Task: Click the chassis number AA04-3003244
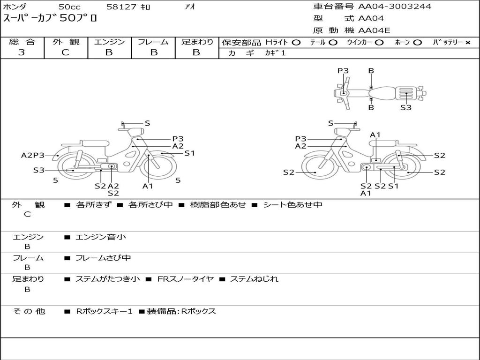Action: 395,7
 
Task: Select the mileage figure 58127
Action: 121,7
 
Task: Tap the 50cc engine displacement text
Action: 69,7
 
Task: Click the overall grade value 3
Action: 22,52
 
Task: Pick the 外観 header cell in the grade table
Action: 66,42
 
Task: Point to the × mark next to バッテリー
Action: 468,43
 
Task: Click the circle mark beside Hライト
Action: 296,43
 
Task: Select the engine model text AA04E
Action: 374,30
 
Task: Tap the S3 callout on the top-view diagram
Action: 406,107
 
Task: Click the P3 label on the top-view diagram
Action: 343,71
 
